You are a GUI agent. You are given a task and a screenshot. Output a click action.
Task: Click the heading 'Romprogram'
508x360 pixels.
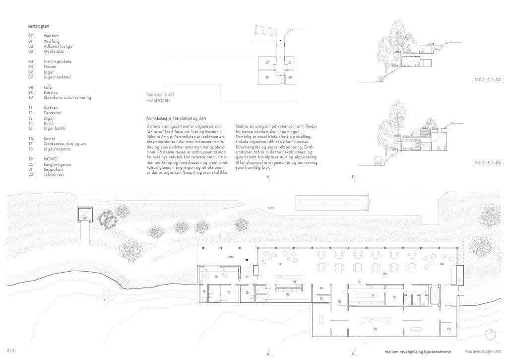pos(39,26)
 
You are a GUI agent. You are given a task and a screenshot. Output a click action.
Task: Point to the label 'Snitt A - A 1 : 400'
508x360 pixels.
pos(488,79)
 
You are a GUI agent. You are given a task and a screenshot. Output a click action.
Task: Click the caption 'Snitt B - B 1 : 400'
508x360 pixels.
pos(488,162)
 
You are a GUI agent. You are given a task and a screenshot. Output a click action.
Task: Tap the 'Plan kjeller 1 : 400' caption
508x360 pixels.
pos(160,94)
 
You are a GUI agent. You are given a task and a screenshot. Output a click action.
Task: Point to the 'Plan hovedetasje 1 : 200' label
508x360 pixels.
pos(483,352)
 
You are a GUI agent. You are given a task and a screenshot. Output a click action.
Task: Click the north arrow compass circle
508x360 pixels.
pos(491,334)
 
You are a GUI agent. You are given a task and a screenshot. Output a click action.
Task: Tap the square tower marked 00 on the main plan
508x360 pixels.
pos(85,217)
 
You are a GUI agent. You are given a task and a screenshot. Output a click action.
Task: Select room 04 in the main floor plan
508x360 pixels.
pos(375,329)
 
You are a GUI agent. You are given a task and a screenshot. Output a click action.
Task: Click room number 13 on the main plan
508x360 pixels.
pos(394,297)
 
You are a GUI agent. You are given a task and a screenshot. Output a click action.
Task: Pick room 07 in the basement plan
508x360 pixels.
pos(267,63)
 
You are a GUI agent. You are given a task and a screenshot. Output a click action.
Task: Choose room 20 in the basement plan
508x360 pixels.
pos(290,77)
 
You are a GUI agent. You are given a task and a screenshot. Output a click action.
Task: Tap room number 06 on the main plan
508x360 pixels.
pos(448,329)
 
